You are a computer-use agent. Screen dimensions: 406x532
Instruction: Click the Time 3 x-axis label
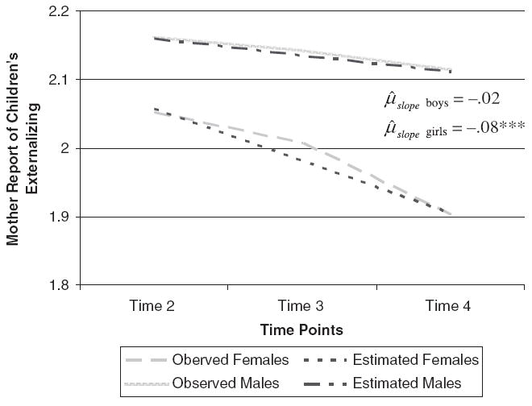[x=301, y=306]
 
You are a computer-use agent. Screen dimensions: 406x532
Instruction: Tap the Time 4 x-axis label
[x=448, y=306]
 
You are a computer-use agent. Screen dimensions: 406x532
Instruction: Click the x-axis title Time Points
[x=301, y=330]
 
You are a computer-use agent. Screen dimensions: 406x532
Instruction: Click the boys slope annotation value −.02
[x=478, y=100]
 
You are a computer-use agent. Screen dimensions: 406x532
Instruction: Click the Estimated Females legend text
[x=418, y=360]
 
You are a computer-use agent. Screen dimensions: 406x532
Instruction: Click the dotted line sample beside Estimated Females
[x=327, y=360]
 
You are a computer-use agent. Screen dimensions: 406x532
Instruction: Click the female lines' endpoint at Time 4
[x=450, y=214]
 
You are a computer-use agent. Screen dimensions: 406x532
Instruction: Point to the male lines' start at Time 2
[x=154, y=37]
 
